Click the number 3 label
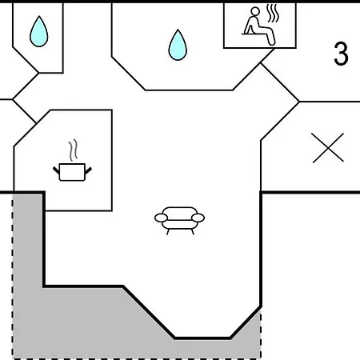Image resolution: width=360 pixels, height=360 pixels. pyautogui.click(x=341, y=54)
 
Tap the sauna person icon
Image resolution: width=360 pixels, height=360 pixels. pyautogui.click(x=258, y=26)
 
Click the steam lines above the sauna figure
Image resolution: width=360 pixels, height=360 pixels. pyautogui.click(x=273, y=14)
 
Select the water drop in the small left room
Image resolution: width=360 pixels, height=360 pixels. pyautogui.click(x=39, y=32)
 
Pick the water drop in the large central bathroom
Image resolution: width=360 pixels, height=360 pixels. pyautogui.click(x=178, y=46)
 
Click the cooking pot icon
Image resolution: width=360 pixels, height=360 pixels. pyautogui.click(x=72, y=172)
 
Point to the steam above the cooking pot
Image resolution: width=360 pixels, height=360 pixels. pyautogui.click(x=73, y=150)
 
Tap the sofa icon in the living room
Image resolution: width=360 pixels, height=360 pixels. pyautogui.click(x=179, y=221)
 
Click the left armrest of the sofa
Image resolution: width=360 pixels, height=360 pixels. pyautogui.click(x=161, y=218)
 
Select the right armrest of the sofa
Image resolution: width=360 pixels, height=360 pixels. pyautogui.click(x=198, y=218)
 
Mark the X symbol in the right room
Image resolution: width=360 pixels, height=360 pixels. pyautogui.click(x=328, y=148)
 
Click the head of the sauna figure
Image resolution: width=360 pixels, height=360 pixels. pyautogui.click(x=255, y=11)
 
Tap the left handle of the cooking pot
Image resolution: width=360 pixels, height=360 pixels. pyautogui.click(x=56, y=170)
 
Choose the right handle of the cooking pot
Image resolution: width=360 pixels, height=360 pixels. pyautogui.click(x=88, y=170)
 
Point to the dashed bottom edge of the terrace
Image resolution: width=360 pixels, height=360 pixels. pyautogui.click(x=137, y=359)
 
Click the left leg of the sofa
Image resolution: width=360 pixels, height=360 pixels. pyautogui.click(x=168, y=232)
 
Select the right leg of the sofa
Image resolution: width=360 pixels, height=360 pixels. pyautogui.click(x=192, y=232)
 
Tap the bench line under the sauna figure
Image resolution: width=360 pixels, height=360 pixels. pyautogui.click(x=256, y=34)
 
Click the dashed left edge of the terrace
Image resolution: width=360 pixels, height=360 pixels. pyautogui.click(x=13, y=277)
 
